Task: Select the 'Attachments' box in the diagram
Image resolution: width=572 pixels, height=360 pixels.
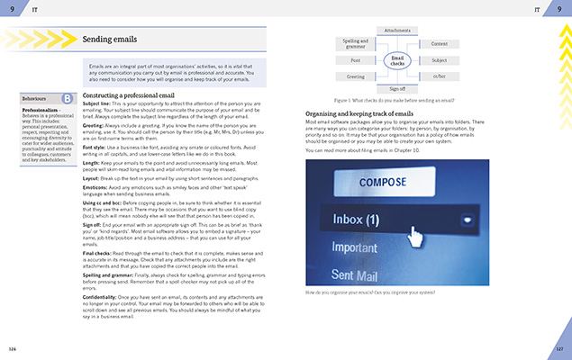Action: (396, 30)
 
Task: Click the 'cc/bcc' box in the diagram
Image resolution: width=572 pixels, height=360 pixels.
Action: (439, 76)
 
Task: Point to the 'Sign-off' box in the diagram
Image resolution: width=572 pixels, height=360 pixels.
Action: (396, 90)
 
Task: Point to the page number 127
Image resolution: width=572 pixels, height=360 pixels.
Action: (558, 348)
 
